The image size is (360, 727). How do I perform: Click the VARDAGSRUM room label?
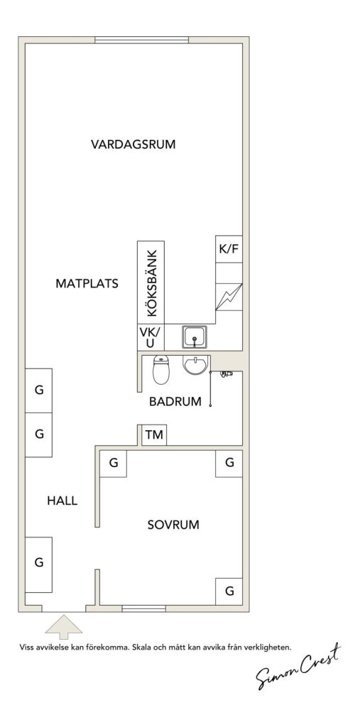(133, 144)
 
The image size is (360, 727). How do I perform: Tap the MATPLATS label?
(87, 283)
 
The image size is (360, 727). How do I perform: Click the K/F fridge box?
(229, 249)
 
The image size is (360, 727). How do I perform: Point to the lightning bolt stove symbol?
(229, 297)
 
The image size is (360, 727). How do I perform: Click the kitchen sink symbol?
(195, 337)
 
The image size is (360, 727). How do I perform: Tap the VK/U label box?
(151, 337)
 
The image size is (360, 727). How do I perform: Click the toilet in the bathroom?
(161, 369)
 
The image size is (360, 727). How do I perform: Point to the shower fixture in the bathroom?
(227, 373)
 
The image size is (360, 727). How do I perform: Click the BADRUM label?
(175, 402)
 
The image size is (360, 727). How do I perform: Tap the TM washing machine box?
(154, 435)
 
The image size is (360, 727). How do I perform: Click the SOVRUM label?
(173, 525)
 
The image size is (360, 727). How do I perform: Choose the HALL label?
(62, 501)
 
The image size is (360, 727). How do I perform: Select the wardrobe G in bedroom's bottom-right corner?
(229, 591)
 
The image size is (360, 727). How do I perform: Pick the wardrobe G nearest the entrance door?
(38, 564)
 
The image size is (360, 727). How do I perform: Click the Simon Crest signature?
(298, 667)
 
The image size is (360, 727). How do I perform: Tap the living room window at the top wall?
(141, 40)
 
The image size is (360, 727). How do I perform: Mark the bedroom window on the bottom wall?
(144, 608)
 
